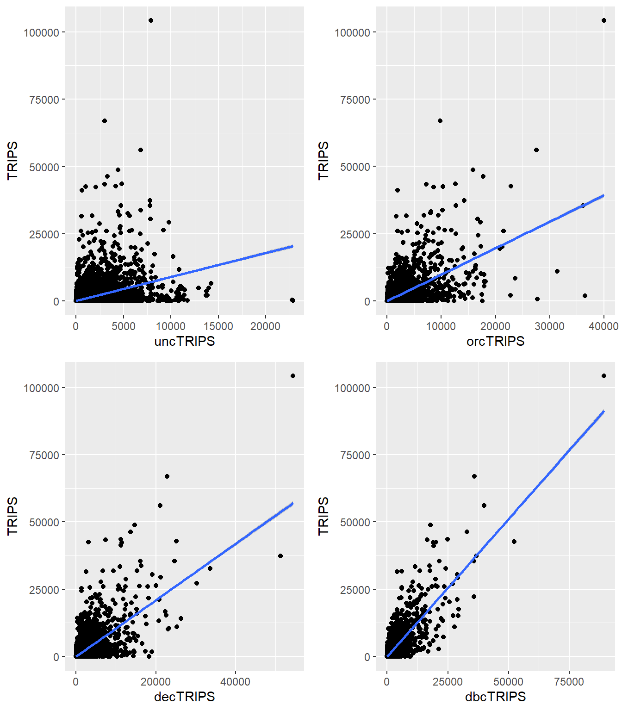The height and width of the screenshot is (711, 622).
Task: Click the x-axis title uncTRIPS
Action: pyautogui.click(x=184, y=341)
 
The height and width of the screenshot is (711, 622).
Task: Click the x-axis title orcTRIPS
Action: pyautogui.click(x=495, y=341)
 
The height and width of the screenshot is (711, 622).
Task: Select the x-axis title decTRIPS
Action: pyautogui.click(x=184, y=696)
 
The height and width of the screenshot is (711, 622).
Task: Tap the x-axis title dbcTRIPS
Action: pyautogui.click(x=495, y=696)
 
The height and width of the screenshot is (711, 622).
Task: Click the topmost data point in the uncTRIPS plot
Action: pyautogui.click(x=151, y=20)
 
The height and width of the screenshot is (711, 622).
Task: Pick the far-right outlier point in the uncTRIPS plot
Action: pyautogui.click(x=292, y=300)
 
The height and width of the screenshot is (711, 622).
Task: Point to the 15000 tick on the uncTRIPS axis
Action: pyautogui.click(x=218, y=326)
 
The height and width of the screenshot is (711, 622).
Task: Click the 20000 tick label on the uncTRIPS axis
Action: pyautogui.click(x=265, y=326)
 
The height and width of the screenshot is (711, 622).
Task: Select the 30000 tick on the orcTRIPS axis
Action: pyautogui.click(x=549, y=326)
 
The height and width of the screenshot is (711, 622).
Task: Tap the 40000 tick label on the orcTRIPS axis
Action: pyautogui.click(x=603, y=326)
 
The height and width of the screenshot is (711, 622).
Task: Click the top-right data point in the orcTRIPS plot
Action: pyautogui.click(x=604, y=20)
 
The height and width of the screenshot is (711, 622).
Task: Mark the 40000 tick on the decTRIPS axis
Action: pyautogui.click(x=235, y=681)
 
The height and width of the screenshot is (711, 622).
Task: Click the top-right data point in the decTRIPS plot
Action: pyautogui.click(x=293, y=376)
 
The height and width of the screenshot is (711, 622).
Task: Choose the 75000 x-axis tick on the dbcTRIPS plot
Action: pyautogui.click(x=569, y=681)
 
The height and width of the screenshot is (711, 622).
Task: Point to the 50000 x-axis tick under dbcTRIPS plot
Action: pyautogui.click(x=508, y=681)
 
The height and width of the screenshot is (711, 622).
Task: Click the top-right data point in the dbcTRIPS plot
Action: pyautogui.click(x=604, y=376)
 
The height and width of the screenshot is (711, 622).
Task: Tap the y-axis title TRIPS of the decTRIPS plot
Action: pyautogui.click(x=12, y=516)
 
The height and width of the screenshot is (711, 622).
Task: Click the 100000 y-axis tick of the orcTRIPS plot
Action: pyautogui.click(x=352, y=32)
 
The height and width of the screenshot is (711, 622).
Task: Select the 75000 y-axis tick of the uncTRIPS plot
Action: pyautogui.click(x=44, y=100)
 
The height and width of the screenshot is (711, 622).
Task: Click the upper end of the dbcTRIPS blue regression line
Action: pyautogui.click(x=603, y=411)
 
